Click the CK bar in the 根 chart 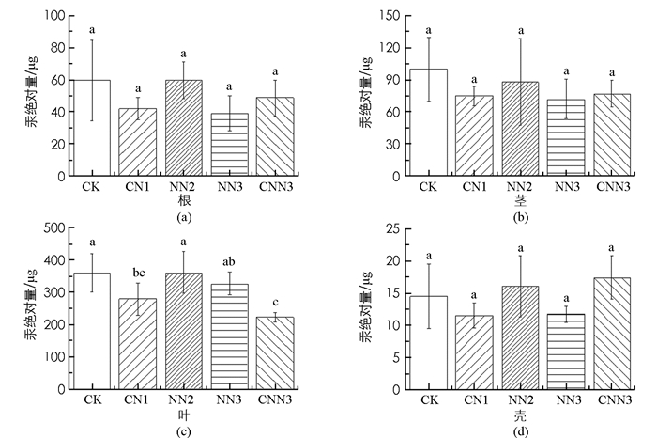91,128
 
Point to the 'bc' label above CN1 138,272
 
